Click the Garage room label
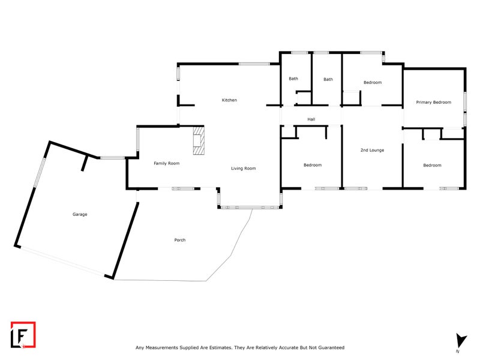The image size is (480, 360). (x=80, y=214)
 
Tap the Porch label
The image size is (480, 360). (x=179, y=240)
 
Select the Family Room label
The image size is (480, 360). (x=166, y=163)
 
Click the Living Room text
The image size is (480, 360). (x=243, y=169)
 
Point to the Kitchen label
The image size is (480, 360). (x=229, y=100)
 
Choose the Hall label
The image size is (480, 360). (x=311, y=119)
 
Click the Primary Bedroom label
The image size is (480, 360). (x=433, y=103)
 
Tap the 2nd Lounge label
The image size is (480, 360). (x=371, y=150)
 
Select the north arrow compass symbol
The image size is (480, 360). (x=460, y=340)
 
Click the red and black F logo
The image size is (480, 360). (x=23, y=334)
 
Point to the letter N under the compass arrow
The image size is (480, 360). (x=457, y=350)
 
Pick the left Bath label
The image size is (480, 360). (x=293, y=79)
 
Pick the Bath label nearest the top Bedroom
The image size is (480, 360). (x=328, y=79)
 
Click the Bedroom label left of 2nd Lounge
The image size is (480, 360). (x=312, y=165)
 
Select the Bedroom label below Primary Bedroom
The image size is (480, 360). (x=432, y=165)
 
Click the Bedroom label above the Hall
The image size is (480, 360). (x=372, y=83)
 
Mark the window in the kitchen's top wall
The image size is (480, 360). (x=254, y=64)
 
